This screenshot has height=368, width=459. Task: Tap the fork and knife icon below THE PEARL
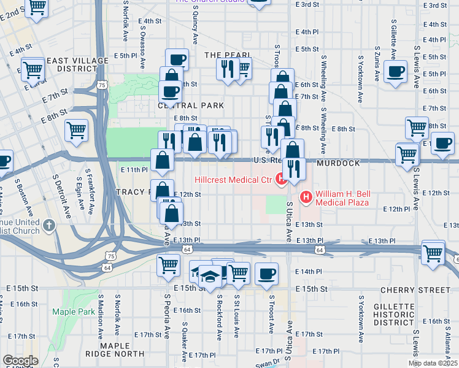(x=228, y=70)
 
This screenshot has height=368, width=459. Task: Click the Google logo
(x=20, y=361)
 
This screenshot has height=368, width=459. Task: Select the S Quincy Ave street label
(x=195, y=25)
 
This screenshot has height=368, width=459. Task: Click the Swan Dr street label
(x=267, y=363)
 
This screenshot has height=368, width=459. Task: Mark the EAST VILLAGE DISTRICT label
(x=73, y=64)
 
